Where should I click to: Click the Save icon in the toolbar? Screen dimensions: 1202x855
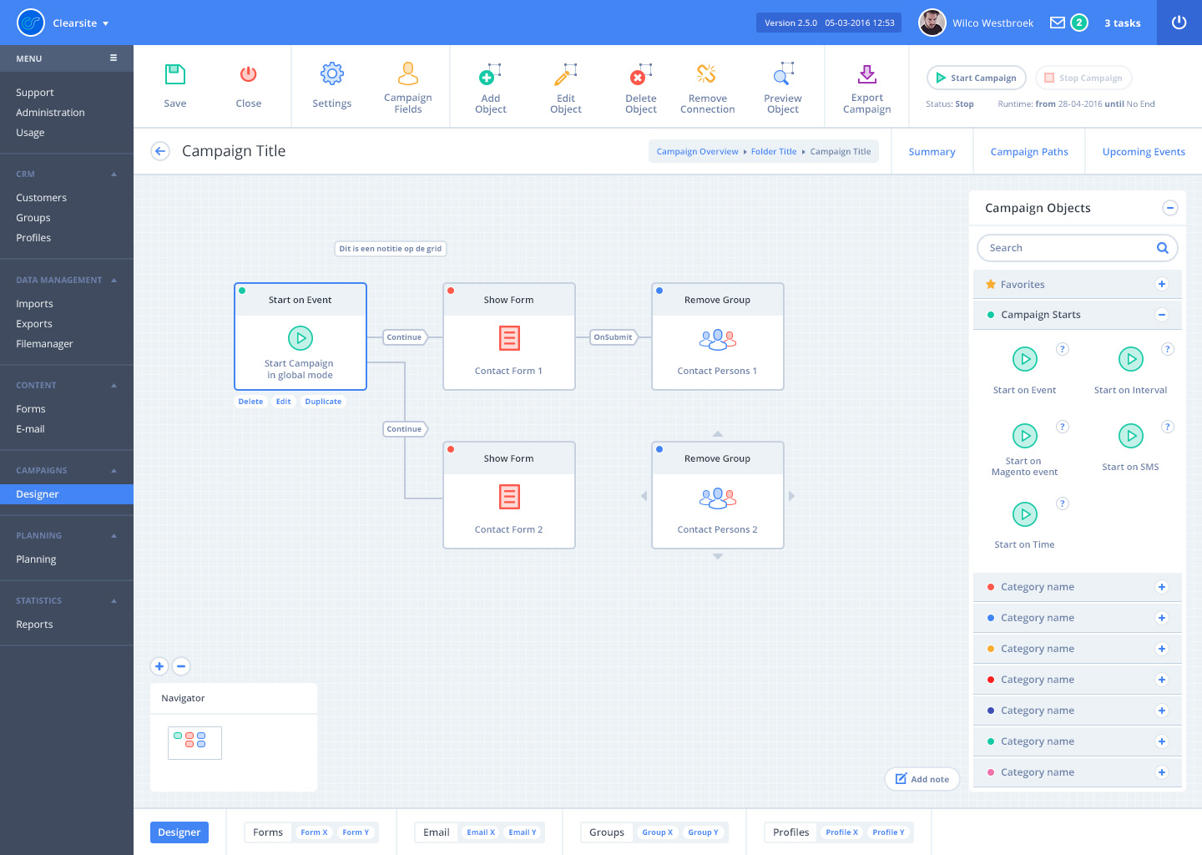tap(175, 74)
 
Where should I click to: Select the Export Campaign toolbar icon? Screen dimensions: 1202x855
tap(866, 74)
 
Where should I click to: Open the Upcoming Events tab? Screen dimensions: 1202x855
tap(1144, 151)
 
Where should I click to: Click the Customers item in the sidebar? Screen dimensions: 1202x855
tap(42, 198)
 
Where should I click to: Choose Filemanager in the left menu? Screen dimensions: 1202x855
tap(44, 343)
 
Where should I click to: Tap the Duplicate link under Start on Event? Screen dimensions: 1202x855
tap(323, 402)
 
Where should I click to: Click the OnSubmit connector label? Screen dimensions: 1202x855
tap(613, 337)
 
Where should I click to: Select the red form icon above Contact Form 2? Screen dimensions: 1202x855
tap(509, 497)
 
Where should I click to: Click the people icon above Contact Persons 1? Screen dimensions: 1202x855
tap(718, 339)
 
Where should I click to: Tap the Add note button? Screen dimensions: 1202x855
tap(922, 779)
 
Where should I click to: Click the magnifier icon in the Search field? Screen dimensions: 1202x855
tap(1162, 247)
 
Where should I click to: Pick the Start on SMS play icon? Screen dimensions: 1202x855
tap(1130, 436)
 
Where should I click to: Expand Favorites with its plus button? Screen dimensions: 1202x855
tap(1162, 284)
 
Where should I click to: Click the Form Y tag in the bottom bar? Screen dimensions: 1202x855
tap(356, 832)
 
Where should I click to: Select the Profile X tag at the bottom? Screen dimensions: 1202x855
tap(841, 832)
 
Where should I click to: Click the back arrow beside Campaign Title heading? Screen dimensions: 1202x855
tap(160, 151)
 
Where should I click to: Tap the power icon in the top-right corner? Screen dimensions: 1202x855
tap(1179, 23)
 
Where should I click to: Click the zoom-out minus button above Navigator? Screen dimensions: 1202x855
tap(181, 666)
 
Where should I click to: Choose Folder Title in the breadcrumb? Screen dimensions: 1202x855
tap(773, 151)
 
